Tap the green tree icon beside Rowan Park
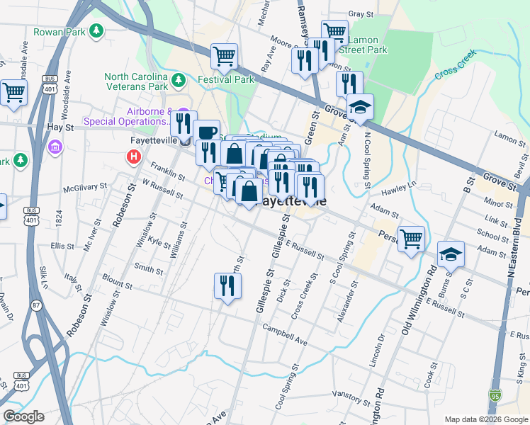click(94, 32)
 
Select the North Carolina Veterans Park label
click(136, 81)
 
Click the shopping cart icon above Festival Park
click(224, 55)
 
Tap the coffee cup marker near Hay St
click(207, 132)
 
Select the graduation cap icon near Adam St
click(451, 254)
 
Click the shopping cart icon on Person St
click(411, 238)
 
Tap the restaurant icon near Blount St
click(227, 285)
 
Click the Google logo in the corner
click(23, 416)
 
